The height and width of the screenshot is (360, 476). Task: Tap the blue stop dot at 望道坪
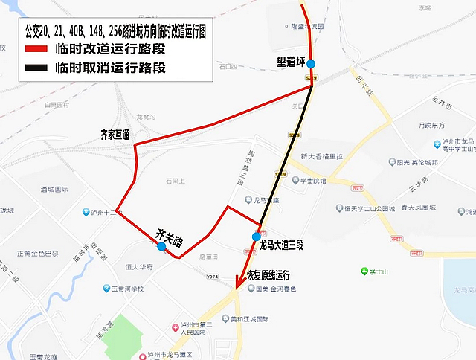coord(310,63)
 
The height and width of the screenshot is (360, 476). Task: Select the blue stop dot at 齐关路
coord(161,246)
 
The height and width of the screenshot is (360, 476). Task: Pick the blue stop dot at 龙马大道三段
coord(257,227)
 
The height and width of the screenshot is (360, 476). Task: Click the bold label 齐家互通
coord(115,135)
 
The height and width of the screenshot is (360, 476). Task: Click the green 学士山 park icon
coord(364,271)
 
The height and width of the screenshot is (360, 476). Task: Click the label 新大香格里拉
coord(321,156)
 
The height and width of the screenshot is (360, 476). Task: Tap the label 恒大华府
coord(138,266)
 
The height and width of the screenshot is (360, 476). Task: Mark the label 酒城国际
coord(54,190)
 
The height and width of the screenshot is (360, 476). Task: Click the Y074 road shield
coord(213,277)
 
